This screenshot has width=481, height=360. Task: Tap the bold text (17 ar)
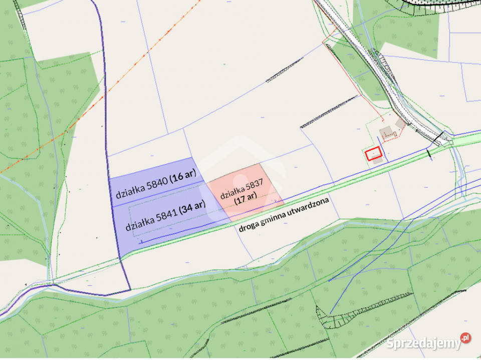point(246,197)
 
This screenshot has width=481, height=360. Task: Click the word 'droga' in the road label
point(248,227)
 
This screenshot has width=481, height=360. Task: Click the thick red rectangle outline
point(373,154)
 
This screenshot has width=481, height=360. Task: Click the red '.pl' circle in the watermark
point(465,338)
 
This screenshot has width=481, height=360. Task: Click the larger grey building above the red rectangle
point(386,133)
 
